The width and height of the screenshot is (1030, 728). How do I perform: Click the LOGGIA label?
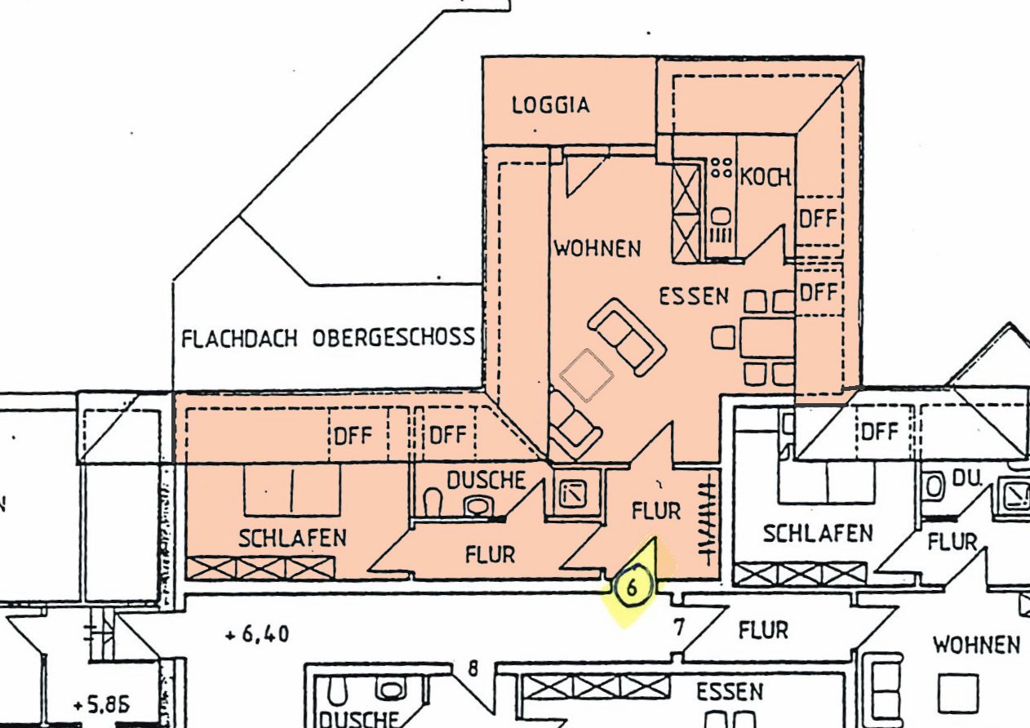(x=550, y=105)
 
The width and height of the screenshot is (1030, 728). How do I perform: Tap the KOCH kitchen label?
(x=765, y=176)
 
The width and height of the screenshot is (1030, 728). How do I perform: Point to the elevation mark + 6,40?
(x=255, y=634)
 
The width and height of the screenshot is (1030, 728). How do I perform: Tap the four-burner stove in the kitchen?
(x=721, y=168)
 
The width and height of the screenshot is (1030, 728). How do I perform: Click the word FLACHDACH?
(x=241, y=338)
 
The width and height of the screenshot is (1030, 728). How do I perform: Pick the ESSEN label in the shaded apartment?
(x=694, y=296)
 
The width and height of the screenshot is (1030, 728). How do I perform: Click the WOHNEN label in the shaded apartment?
(x=597, y=248)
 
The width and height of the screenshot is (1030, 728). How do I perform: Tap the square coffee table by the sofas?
(x=587, y=375)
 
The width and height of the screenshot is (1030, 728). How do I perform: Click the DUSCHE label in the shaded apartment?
(x=486, y=480)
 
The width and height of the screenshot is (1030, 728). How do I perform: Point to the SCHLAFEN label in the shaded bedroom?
(x=292, y=538)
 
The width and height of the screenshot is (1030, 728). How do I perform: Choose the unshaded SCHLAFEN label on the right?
(x=817, y=534)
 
